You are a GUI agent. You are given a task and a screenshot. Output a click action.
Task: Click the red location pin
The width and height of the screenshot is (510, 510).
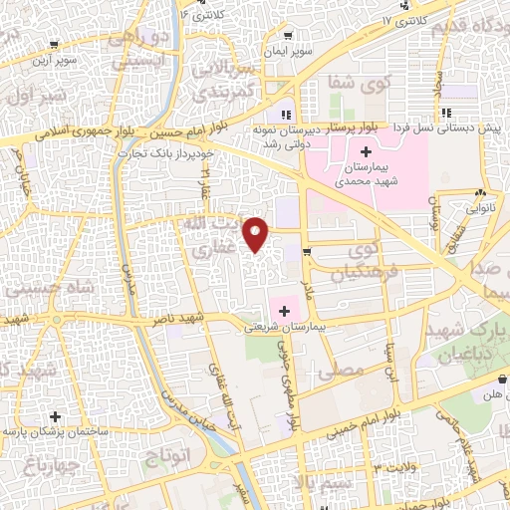257,233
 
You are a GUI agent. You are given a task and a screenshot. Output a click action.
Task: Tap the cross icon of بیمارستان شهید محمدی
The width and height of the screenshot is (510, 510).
366,152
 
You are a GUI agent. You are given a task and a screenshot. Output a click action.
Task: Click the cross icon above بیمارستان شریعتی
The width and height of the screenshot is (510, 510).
284,312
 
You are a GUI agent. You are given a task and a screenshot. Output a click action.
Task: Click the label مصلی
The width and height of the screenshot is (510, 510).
341,370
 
